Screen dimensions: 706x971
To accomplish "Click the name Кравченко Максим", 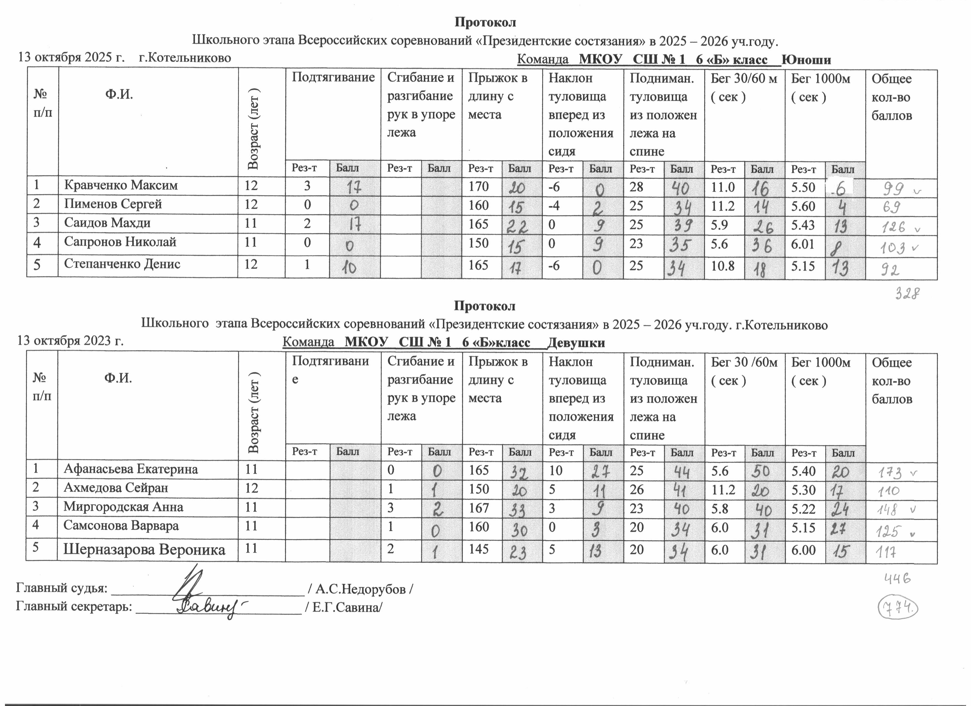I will pos(121,185).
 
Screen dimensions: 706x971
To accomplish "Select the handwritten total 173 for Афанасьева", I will pos(892,473).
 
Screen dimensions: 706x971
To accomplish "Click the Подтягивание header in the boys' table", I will pos(333,78).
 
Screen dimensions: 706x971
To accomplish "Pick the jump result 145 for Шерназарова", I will pos(479,548).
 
